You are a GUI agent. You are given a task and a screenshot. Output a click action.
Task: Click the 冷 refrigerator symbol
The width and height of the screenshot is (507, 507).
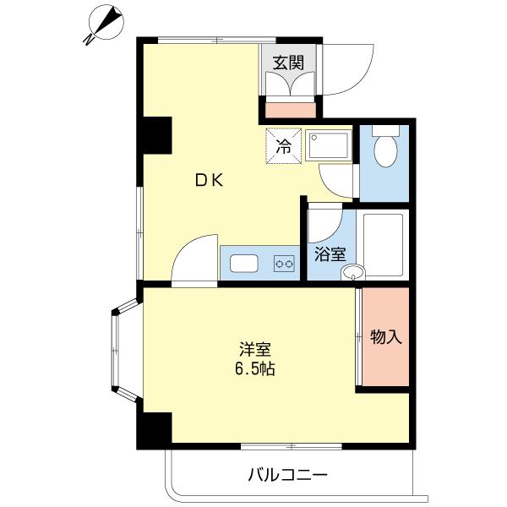(285, 144)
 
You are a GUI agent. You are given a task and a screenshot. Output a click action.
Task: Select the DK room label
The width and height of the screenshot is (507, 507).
(209, 179)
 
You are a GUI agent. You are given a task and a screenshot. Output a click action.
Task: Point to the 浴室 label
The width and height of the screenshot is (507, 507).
(330, 253)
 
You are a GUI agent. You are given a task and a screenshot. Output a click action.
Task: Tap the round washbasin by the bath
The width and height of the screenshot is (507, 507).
(353, 272)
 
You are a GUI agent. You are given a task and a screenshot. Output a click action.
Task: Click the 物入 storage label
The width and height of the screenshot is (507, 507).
(386, 336)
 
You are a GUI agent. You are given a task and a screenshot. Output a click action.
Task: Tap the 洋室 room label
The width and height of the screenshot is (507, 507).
(254, 349)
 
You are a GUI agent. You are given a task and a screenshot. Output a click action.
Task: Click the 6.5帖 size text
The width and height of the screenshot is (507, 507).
(254, 369)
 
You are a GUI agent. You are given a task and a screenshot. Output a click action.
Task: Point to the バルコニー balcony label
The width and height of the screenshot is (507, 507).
(286, 474)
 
